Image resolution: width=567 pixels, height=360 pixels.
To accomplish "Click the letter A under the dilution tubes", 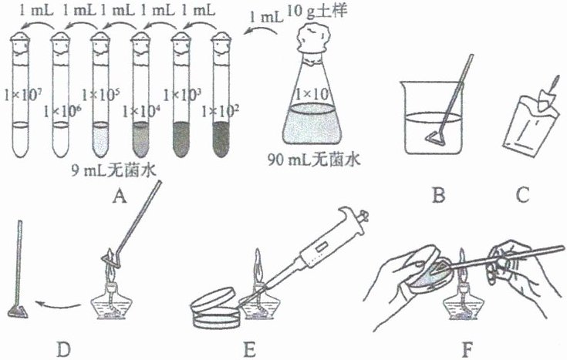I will coord(118,198).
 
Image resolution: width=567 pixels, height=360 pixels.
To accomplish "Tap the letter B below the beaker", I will coord(438,197).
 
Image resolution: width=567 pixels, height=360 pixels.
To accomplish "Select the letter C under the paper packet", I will coord(522,197).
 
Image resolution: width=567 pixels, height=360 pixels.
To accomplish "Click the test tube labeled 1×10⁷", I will coord(24,100).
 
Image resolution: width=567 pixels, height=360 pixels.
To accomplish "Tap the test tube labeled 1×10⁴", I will coord(141,100).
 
